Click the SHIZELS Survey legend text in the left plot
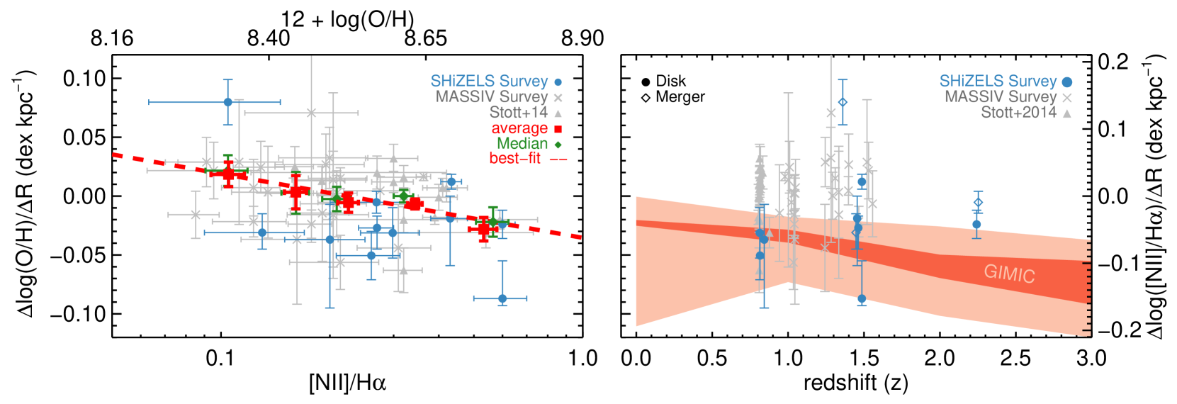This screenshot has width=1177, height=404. click(x=489, y=82)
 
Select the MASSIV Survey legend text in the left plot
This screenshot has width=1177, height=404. click(x=492, y=97)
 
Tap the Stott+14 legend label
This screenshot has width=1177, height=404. click(x=518, y=113)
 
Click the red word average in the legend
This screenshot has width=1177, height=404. click(x=519, y=128)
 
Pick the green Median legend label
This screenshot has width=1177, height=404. click(x=522, y=144)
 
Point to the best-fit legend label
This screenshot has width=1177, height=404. click(x=515, y=159)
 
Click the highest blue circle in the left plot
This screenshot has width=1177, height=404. click(x=227, y=102)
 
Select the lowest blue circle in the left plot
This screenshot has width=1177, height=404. click(x=502, y=298)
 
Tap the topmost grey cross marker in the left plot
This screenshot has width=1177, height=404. click(x=311, y=113)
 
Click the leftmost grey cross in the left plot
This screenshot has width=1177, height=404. click(x=196, y=214)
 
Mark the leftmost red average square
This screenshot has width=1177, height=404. click(x=228, y=174)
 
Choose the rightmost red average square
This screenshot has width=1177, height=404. click(x=484, y=228)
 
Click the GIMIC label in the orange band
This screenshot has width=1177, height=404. click(x=1009, y=274)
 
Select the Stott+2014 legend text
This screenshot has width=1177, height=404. click(x=1018, y=113)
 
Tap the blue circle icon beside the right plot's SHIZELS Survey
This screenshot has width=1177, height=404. click(x=1067, y=82)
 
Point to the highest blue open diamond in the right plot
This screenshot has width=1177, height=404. click(x=843, y=102)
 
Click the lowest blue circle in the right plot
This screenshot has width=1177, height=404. click(x=862, y=299)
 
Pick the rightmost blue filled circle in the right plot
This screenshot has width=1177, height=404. click(x=976, y=224)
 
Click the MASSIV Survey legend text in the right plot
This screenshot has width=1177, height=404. click(x=1000, y=97)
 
